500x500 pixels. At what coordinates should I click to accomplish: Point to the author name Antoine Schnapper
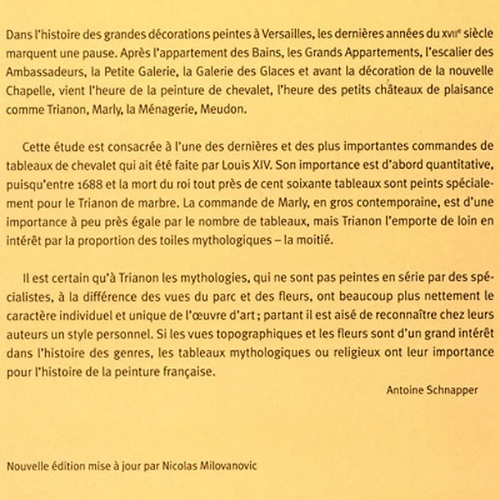pyautogui.click(x=431, y=390)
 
